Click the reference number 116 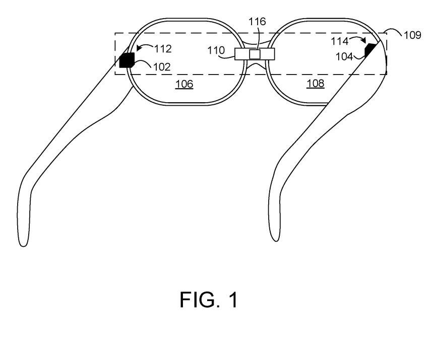pos(259,22)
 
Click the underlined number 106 pos(184,84)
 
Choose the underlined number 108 pos(316,84)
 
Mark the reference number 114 pos(340,40)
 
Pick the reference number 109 pos(413,36)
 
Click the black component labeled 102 pos(126,60)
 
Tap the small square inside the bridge pos(255,54)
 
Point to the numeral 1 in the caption pos(233,300)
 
